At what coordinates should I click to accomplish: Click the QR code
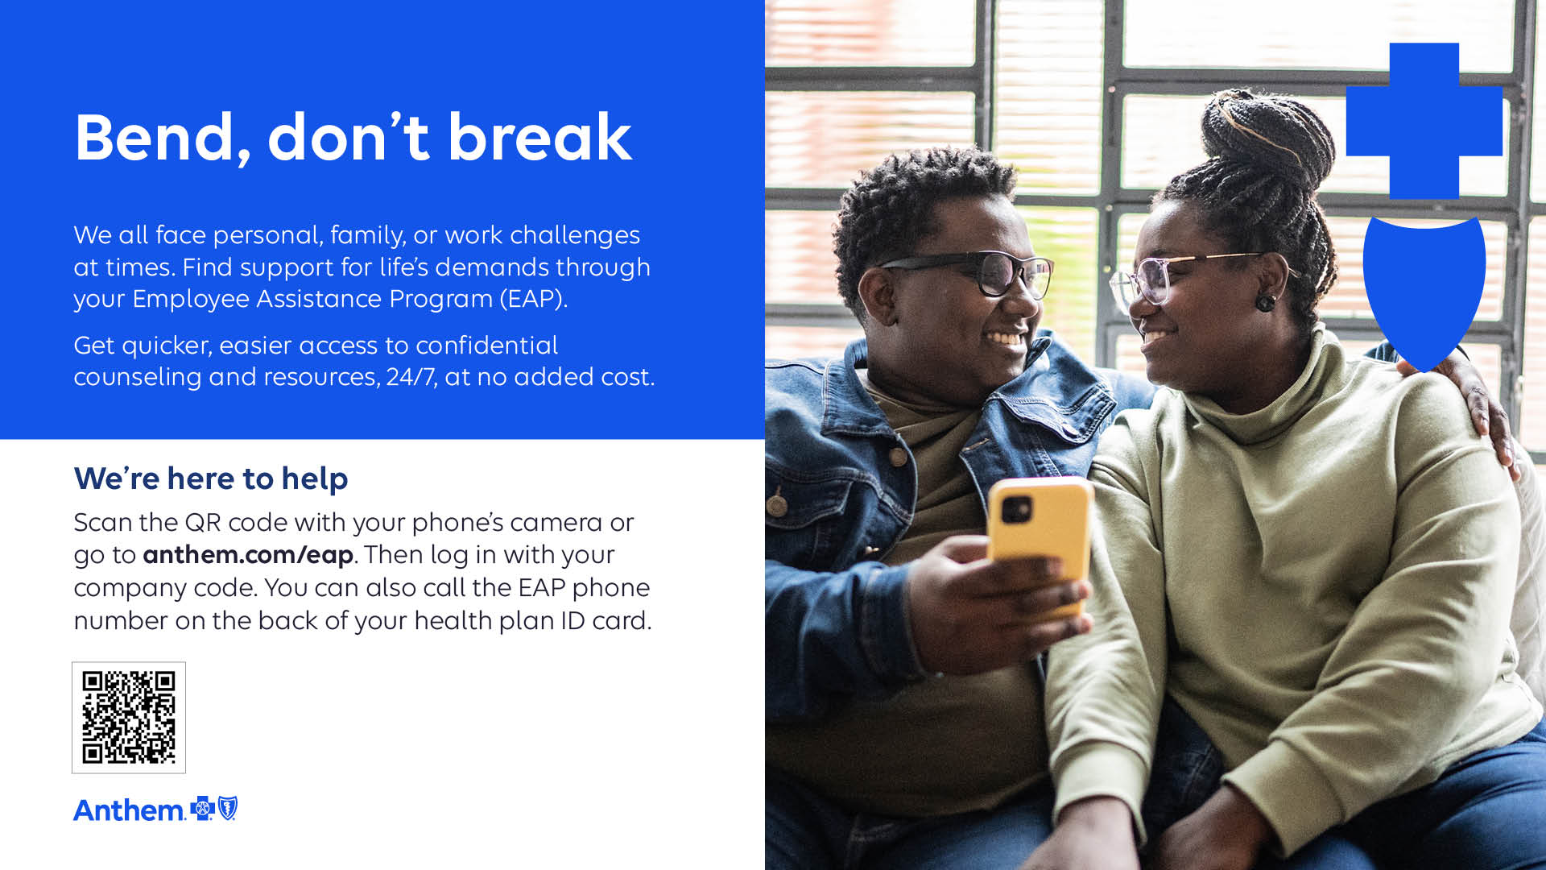point(129,717)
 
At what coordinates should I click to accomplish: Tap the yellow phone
point(1040,540)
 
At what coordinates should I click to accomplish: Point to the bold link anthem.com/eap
point(248,555)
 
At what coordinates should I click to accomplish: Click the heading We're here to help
point(211,478)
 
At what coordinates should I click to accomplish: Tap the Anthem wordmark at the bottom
point(129,810)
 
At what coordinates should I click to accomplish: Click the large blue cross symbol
point(1424,121)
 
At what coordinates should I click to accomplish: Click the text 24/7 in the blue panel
point(411,376)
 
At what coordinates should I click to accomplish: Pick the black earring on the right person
point(1265,303)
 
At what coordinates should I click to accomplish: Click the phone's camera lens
point(1017,509)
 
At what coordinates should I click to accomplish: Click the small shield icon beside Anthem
point(228,808)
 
